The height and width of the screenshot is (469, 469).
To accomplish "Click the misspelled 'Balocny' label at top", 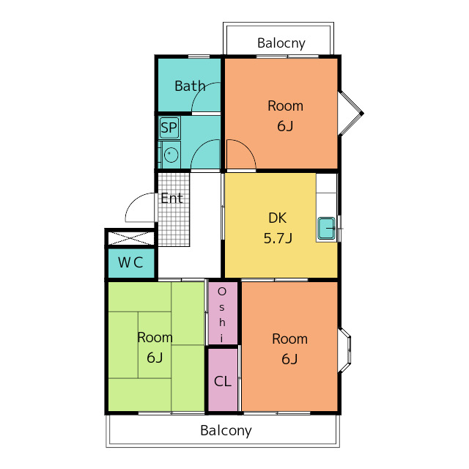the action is (x=281, y=43).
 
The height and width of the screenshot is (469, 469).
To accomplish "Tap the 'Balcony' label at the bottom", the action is (x=226, y=431).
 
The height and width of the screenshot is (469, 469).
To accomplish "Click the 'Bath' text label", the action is (x=190, y=86).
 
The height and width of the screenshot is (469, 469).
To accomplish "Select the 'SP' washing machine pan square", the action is (x=169, y=128).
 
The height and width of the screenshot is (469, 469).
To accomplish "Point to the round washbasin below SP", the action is (x=171, y=155).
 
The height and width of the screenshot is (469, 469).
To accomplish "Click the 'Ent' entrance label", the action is (x=171, y=199).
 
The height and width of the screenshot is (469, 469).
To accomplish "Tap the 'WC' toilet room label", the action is (x=130, y=262).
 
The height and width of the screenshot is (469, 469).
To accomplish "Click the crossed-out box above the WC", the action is (x=130, y=238).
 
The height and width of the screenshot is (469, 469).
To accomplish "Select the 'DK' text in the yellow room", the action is (x=277, y=218).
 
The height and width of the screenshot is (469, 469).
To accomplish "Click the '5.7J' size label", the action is (x=278, y=238).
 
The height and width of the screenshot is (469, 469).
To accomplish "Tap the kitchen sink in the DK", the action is (x=326, y=228).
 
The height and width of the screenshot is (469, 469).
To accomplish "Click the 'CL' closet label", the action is (x=223, y=382).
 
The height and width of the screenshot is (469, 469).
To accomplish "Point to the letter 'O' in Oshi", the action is (x=222, y=292).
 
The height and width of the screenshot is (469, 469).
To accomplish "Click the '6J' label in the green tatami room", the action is (x=155, y=358).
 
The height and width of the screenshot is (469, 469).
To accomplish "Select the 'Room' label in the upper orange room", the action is (x=285, y=106).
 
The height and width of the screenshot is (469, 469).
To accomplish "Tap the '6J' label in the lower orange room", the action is (x=289, y=359).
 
